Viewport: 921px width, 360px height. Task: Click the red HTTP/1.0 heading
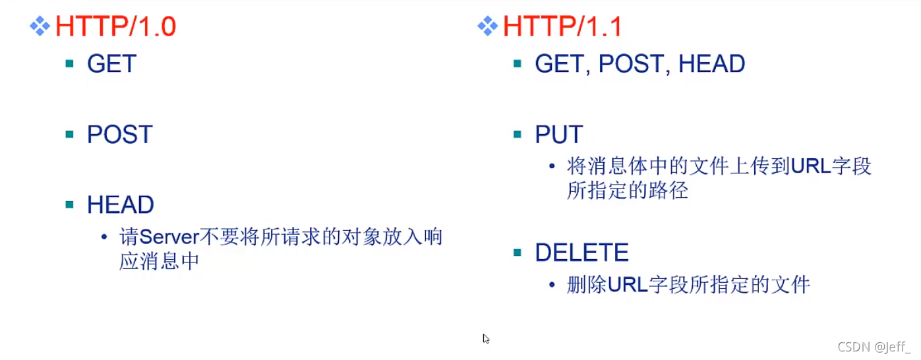point(115,26)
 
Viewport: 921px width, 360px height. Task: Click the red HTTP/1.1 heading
point(562,26)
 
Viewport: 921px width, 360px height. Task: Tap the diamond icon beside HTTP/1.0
point(40,26)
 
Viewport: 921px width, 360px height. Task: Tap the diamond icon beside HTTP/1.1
point(487,26)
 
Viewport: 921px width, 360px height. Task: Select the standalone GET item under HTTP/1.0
point(111,64)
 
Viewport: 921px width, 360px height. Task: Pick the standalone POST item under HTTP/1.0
point(119,135)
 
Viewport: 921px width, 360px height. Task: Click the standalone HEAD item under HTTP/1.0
point(120,205)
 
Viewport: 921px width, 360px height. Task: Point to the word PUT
point(558,135)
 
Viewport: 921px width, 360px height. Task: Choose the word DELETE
point(581,253)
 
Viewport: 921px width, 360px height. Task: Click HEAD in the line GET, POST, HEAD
point(711,64)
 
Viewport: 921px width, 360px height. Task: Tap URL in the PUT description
point(812,166)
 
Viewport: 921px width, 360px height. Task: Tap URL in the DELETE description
point(628,285)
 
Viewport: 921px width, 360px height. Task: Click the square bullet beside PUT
point(518,135)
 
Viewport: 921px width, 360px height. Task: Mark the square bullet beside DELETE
point(518,252)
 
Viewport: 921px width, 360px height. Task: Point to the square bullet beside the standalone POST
point(70,135)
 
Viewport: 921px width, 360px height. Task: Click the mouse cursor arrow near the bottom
point(486,339)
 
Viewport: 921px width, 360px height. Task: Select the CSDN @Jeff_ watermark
point(874,347)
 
